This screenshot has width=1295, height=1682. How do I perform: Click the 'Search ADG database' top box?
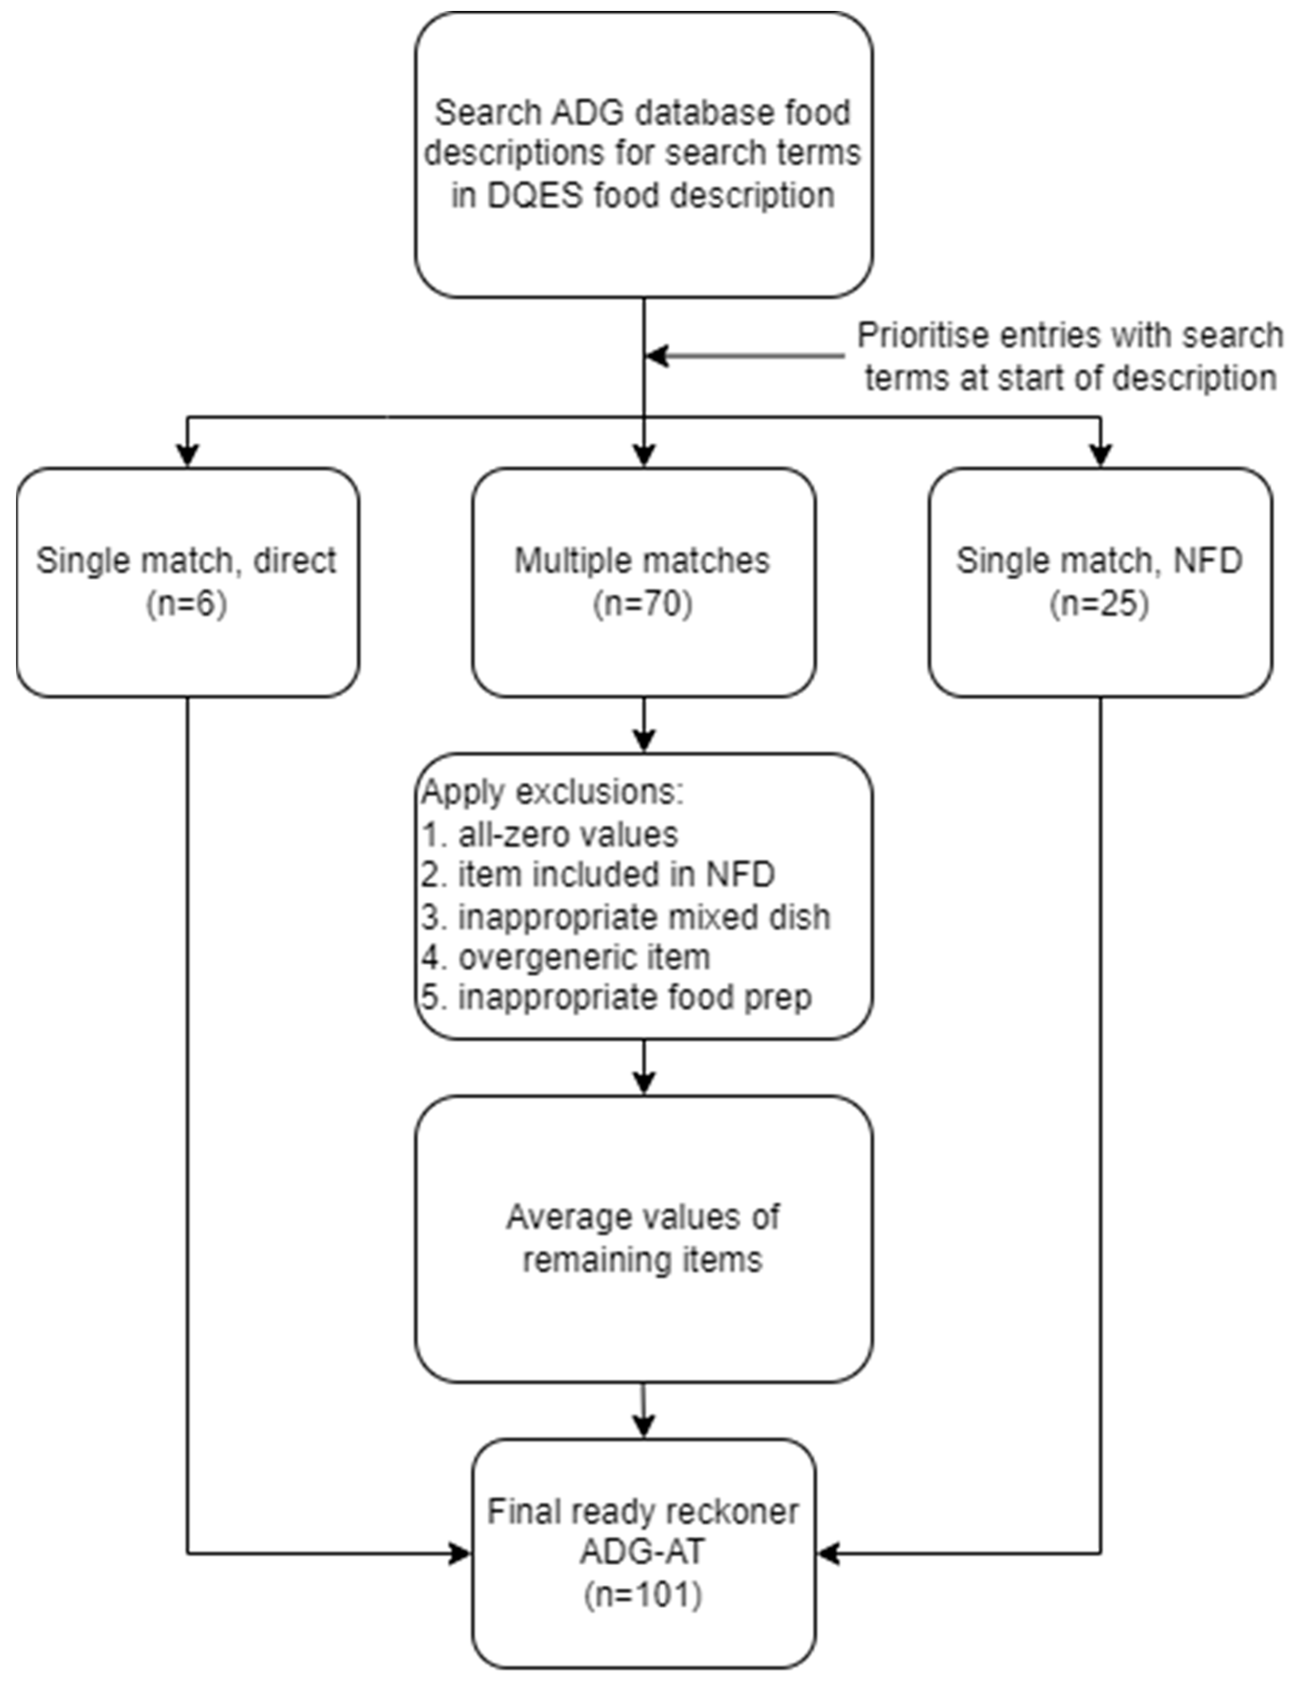[644, 154]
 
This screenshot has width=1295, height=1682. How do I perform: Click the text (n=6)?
[187, 605]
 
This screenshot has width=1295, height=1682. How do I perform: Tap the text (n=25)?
[1100, 605]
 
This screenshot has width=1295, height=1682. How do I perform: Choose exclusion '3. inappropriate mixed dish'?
[625, 917]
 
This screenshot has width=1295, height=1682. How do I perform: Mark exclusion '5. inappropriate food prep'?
[616, 997]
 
